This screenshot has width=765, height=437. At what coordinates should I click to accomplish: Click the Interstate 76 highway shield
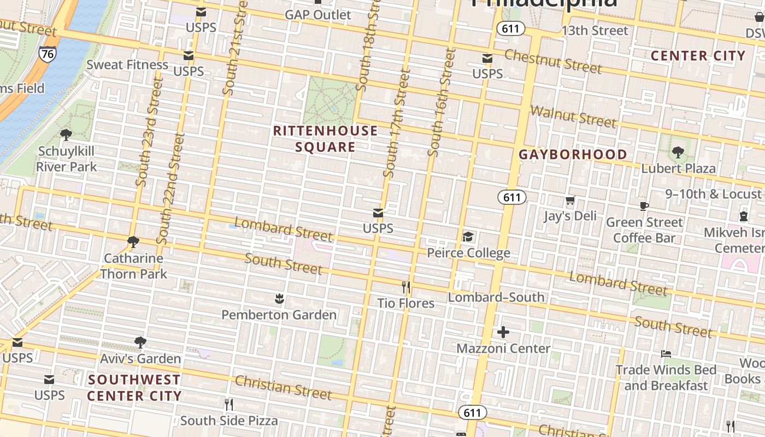47,54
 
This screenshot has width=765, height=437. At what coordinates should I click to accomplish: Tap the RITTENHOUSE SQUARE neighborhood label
326,139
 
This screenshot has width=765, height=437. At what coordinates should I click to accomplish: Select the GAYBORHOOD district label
573,155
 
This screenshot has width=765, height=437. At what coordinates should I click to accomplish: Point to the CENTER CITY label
698,56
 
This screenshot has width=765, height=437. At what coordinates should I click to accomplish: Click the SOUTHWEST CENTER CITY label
134,387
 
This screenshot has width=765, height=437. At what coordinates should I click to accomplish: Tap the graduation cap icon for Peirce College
468,237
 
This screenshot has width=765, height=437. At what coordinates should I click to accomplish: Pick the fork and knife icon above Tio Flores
405,287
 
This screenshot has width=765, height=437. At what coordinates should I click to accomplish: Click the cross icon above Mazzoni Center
503,332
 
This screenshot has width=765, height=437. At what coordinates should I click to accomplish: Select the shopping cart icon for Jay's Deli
570,200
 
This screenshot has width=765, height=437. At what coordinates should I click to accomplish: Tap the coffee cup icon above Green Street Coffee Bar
644,206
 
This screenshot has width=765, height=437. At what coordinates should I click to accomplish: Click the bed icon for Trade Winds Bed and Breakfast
666,354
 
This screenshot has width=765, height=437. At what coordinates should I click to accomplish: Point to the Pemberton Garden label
279,315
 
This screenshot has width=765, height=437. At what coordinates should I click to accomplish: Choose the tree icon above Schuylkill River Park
66,134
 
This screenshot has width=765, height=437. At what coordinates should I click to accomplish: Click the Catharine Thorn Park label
133,265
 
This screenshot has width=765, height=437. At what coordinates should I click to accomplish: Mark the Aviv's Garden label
140,358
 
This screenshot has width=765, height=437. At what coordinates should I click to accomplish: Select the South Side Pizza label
229,421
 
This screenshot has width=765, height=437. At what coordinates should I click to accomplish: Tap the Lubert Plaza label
678,168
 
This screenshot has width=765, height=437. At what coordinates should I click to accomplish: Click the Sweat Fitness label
127,64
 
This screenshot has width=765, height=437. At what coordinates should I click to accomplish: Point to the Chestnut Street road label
552,61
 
